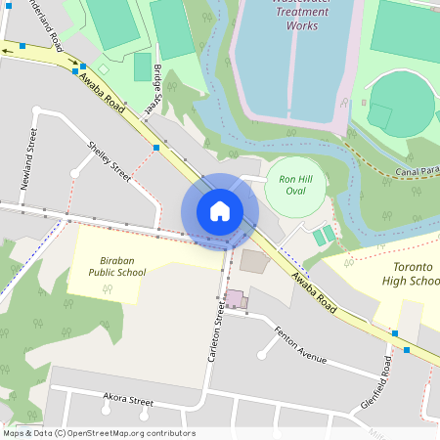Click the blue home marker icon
click(220, 210)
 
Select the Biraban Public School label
click(122, 266)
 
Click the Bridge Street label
click(158, 87)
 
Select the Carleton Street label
click(217, 332)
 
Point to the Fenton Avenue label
click(299, 344)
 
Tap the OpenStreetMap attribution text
click(99, 433)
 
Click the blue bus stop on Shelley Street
click(156, 148)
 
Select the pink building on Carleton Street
click(235, 298)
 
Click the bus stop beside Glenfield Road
click(406, 349)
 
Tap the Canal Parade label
click(418, 172)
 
